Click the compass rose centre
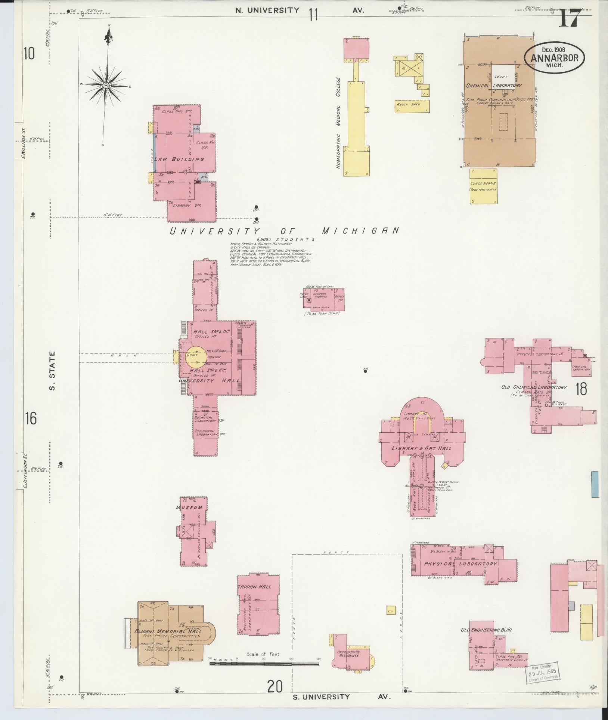pos(106,86)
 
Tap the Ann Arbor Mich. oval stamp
pos(554,57)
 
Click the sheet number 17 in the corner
pos(570,18)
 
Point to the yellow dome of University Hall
pos(195,356)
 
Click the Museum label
pos(189,507)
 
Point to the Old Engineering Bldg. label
pos(486,630)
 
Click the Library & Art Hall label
pos(421,448)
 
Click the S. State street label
pos(53,370)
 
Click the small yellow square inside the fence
pos(391,609)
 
